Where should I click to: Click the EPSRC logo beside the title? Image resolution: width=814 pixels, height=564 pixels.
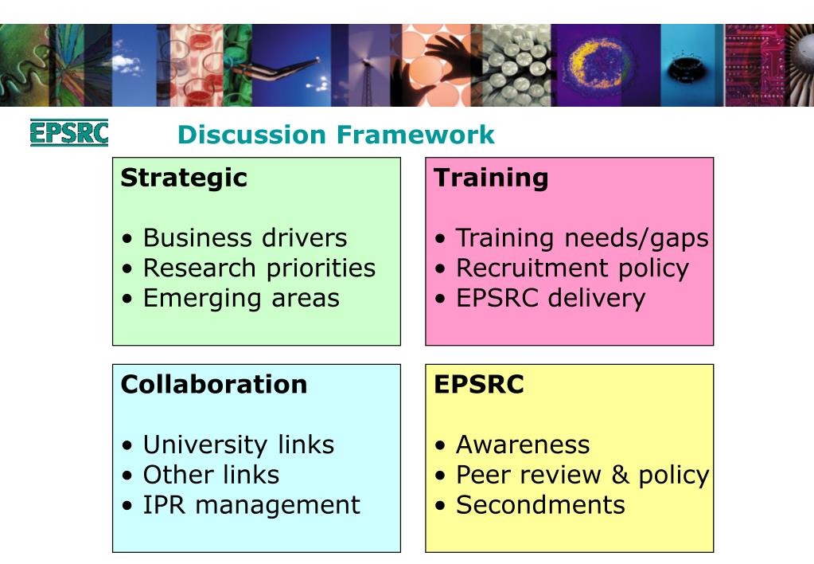point(68,133)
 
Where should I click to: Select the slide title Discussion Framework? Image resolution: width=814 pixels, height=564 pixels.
point(336,135)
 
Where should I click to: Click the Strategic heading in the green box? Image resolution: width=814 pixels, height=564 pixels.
point(184,178)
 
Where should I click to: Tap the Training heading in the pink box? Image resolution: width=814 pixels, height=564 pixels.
point(491,178)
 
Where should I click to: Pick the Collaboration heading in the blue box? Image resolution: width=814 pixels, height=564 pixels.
point(213,384)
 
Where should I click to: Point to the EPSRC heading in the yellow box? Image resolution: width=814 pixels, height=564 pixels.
point(479,384)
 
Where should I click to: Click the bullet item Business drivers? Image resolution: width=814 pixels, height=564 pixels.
point(244,237)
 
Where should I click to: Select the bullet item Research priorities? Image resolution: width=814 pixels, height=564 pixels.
point(259,268)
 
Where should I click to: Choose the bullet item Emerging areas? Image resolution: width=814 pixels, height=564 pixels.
point(240,298)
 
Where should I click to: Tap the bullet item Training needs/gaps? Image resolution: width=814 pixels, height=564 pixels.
point(582,237)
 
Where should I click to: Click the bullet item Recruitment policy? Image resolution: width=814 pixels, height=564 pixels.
point(571,268)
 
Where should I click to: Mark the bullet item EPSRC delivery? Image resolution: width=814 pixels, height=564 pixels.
point(550,298)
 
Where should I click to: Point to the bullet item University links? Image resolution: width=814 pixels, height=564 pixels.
point(238,445)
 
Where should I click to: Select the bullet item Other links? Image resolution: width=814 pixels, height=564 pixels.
point(211,475)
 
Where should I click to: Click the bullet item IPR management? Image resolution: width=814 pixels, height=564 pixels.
point(251,505)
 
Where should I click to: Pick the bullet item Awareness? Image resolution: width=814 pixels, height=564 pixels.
point(522,445)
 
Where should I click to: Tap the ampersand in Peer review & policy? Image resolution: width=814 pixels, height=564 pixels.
point(619,475)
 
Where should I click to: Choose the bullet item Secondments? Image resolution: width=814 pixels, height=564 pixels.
point(539,505)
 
